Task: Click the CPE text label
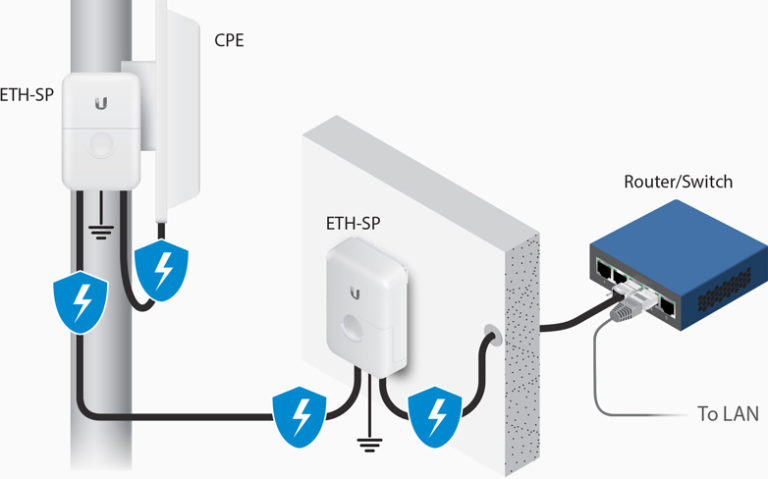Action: click(x=231, y=40)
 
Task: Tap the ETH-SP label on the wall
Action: click(x=353, y=222)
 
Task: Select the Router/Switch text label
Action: click(x=677, y=181)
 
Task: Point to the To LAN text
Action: click(x=727, y=413)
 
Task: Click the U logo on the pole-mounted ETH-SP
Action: click(x=101, y=104)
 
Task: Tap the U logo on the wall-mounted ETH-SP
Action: click(x=356, y=292)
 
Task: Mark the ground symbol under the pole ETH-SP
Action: click(x=100, y=232)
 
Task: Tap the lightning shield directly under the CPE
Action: click(x=161, y=269)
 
